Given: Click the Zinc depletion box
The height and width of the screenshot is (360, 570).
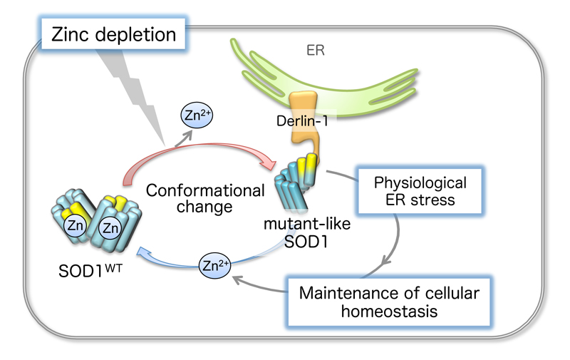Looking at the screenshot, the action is [x=113, y=34].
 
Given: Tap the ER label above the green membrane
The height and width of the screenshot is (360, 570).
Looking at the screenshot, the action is [x=315, y=50].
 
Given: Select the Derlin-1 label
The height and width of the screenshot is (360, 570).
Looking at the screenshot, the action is [x=302, y=121].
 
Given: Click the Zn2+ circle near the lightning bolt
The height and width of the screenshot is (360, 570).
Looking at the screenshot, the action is [x=197, y=115].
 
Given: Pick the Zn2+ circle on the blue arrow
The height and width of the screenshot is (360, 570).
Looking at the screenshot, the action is [x=214, y=265].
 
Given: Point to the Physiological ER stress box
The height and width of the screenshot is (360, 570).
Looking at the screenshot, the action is [x=420, y=191].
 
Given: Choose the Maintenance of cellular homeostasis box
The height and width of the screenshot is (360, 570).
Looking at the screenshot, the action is [x=388, y=302].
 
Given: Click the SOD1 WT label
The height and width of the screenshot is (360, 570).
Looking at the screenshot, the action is [x=90, y=271].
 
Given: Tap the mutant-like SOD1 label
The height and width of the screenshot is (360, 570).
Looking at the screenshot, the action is [x=307, y=232].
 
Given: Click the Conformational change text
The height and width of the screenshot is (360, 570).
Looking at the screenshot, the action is [x=205, y=199].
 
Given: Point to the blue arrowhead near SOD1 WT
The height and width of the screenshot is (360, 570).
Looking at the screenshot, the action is [x=144, y=252].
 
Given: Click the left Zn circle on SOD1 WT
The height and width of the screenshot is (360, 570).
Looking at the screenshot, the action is [x=76, y=226].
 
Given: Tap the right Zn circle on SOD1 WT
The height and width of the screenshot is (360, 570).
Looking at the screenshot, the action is [x=110, y=228].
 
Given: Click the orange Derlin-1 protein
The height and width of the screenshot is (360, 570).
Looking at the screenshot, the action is [x=304, y=123].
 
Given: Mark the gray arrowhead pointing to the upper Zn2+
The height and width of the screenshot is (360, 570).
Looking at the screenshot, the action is [x=187, y=136].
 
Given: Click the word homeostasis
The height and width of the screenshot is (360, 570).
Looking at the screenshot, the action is [x=389, y=312].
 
